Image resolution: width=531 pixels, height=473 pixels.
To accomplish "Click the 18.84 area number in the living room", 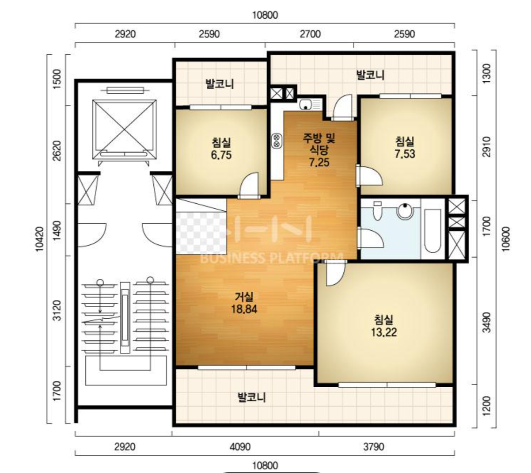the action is [244, 309].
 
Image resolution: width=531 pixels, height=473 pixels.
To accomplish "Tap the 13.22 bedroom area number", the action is [384, 332].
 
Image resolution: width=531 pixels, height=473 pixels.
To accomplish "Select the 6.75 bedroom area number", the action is [221, 155].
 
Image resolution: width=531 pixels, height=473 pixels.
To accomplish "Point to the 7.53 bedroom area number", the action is [405, 154].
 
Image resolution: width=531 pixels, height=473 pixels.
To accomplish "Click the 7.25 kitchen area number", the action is [319, 162].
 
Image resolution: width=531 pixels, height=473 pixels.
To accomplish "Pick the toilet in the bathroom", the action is [377, 211].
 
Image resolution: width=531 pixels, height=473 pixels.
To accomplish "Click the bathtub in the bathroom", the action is [432, 231].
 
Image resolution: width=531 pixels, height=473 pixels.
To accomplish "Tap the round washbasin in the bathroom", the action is [405, 211].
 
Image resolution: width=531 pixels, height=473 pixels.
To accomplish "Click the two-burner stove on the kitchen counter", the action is [277, 141].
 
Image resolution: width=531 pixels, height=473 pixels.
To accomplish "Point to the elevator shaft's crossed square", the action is [124, 129].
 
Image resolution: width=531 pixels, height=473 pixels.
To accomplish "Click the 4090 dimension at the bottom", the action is [240, 447].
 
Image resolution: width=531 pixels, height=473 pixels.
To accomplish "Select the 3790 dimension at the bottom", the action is [374, 447].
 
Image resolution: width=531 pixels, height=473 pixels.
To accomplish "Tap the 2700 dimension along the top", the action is [310, 34].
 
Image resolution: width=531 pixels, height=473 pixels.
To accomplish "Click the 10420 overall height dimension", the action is [39, 239].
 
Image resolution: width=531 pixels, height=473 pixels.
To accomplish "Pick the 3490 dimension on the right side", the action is [486, 322].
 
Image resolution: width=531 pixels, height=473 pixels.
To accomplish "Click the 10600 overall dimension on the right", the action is [506, 239].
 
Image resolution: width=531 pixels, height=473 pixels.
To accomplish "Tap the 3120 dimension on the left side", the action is [57, 311].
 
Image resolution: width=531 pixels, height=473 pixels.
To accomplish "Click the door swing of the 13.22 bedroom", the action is [335, 274].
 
